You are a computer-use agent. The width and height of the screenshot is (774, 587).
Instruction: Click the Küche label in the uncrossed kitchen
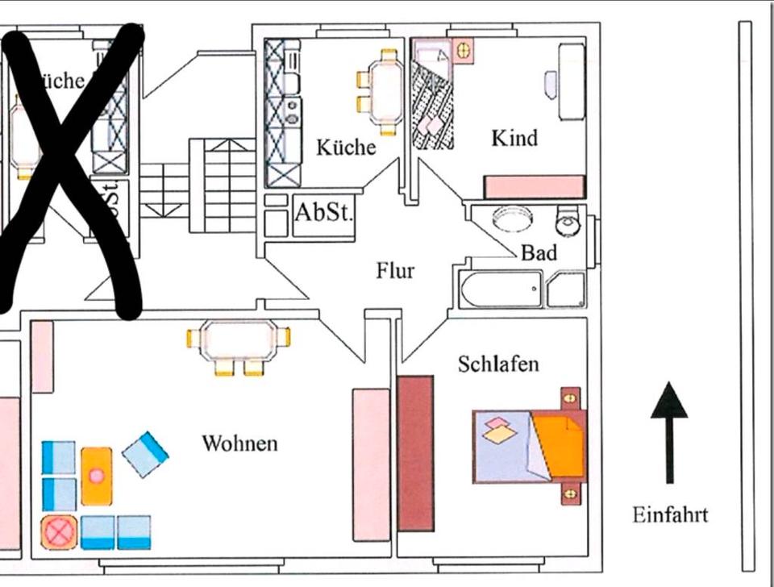click(345, 148)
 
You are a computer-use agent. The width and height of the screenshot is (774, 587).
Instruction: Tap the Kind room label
click(514, 138)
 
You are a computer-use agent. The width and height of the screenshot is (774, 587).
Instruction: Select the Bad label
click(539, 252)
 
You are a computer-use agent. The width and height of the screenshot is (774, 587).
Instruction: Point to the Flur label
click(395, 270)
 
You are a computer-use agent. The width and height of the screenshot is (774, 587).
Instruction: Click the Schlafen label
click(498, 364)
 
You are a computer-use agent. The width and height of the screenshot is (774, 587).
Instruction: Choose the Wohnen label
click(239, 443)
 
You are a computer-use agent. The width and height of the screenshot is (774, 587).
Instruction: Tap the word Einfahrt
click(670, 514)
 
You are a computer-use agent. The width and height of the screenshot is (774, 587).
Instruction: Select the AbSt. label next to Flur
click(323, 214)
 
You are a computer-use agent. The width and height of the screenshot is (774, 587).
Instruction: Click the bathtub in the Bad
click(501, 289)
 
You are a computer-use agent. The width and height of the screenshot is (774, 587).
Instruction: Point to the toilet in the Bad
click(568, 219)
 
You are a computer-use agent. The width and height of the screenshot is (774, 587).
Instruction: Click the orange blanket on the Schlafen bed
click(559, 445)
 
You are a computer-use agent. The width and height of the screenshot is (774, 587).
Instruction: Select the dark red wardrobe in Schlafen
click(415, 452)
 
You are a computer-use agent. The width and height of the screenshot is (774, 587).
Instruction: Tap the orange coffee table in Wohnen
click(97, 475)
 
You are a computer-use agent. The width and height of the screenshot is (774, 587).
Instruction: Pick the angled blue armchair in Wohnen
click(146, 454)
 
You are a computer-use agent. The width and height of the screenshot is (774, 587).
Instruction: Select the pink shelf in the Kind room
click(534, 187)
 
